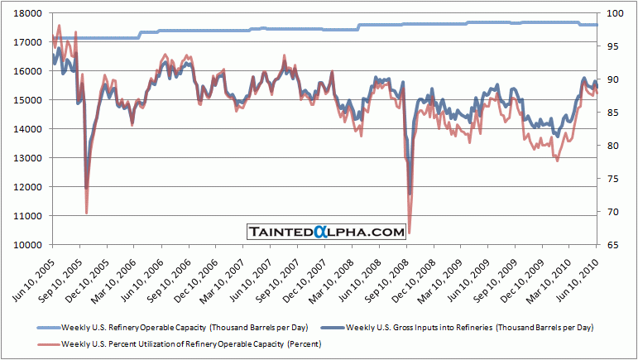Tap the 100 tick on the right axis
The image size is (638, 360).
pyautogui.click(x=613, y=13)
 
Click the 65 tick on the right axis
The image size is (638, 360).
pyautogui.click(x=613, y=245)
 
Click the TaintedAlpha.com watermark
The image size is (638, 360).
pyautogui.click(x=325, y=233)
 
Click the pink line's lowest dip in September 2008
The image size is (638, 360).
pyautogui.click(x=410, y=232)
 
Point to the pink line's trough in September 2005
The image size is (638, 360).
pyautogui.click(x=87, y=213)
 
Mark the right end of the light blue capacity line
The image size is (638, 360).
pyautogui.click(x=597, y=25)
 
